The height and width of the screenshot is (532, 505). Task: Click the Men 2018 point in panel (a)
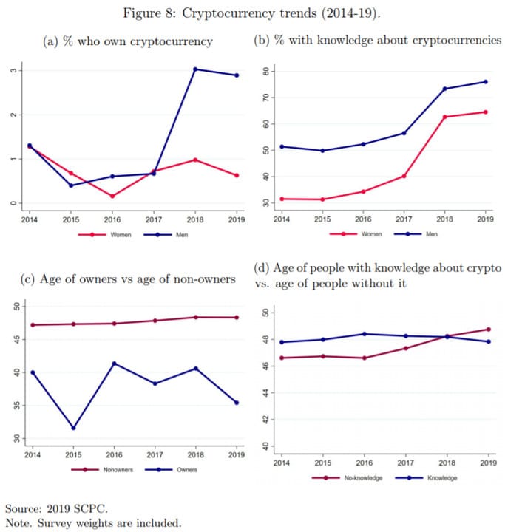click(x=195, y=69)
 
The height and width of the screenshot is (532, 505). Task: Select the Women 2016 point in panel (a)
click(x=112, y=196)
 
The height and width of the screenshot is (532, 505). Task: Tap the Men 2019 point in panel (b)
click(x=485, y=81)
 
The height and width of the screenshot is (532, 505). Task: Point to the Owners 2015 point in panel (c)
click(x=72, y=428)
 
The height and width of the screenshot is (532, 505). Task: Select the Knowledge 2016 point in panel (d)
click(x=365, y=334)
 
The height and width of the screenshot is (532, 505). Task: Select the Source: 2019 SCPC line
click(x=56, y=509)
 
